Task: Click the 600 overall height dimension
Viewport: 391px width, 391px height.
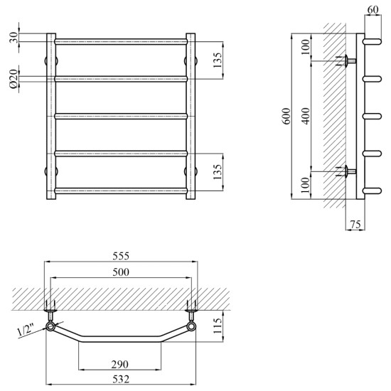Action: (x=286, y=116)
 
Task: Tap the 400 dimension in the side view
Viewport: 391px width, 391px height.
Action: (x=306, y=116)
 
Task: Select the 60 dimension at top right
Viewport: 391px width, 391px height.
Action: (x=373, y=10)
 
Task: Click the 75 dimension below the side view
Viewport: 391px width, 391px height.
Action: (x=355, y=225)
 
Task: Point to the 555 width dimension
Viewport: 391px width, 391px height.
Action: (x=121, y=256)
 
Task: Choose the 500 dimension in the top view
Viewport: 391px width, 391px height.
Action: (x=121, y=272)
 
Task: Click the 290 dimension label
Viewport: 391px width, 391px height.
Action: (x=120, y=365)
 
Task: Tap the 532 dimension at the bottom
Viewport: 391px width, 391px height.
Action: (x=121, y=380)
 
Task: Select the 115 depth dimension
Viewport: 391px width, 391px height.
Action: (x=218, y=326)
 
